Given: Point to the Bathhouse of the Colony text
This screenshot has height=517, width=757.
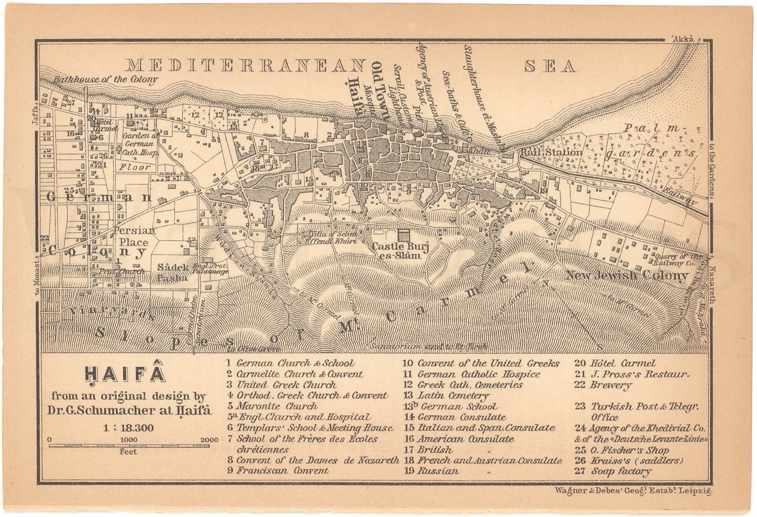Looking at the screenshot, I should coord(105,79).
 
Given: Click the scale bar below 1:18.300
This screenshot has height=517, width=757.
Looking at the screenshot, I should coord(129,446).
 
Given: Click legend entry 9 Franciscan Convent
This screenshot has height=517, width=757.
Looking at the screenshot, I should coord(278,471).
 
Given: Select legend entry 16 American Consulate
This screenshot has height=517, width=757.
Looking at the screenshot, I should coord(459,439).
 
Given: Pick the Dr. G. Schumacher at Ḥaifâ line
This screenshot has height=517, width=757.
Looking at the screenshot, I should coord(129,410).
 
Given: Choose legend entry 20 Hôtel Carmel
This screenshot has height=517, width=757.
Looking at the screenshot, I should coord(615,363).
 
